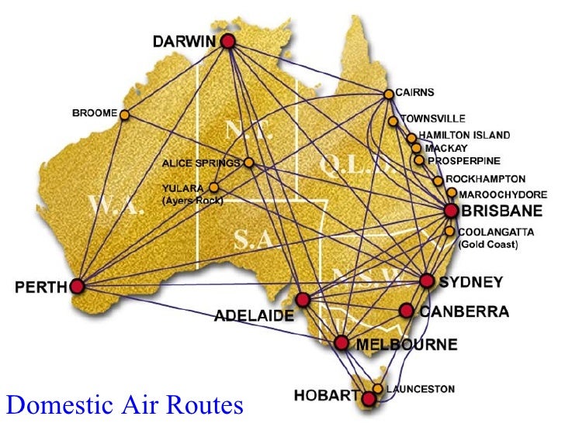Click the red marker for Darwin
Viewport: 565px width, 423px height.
227,42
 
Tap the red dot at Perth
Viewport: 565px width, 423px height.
77,287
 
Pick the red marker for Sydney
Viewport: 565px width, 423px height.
425,280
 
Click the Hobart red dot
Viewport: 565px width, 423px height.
369,398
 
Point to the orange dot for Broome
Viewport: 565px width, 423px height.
124,115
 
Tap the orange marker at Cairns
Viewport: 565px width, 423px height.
388,95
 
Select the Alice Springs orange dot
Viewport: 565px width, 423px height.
248,163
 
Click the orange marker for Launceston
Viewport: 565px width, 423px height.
378,388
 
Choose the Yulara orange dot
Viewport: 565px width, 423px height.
213,187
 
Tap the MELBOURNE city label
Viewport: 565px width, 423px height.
397,342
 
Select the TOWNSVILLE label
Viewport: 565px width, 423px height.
433,119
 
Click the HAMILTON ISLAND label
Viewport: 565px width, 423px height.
464,135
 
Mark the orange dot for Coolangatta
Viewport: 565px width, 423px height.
450,231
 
